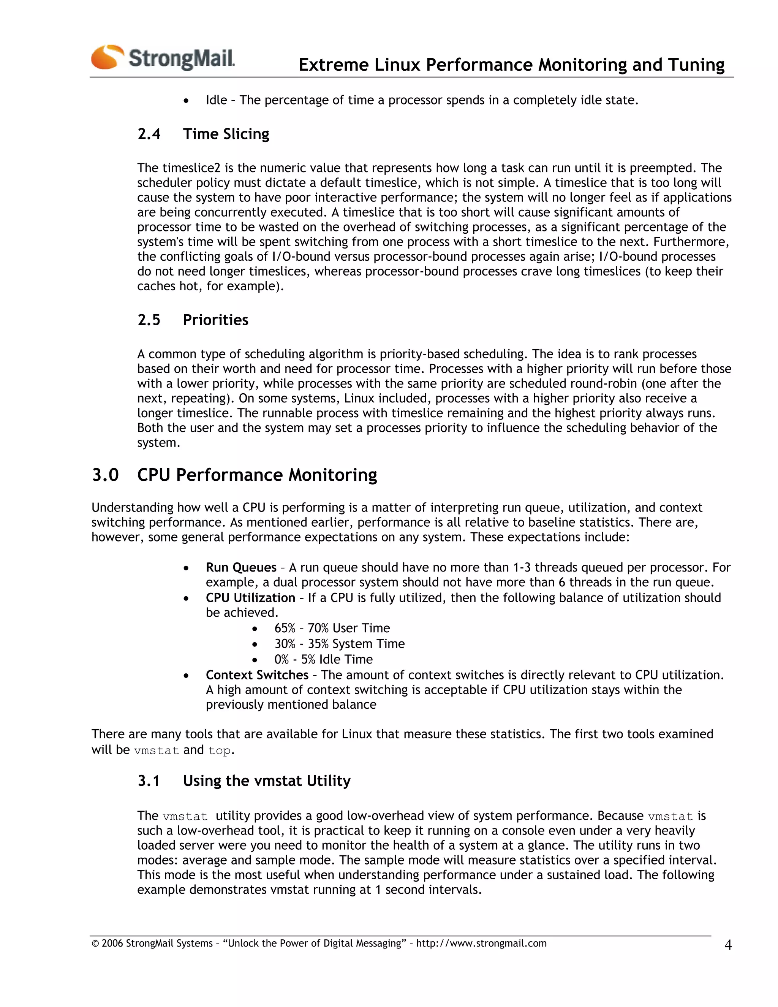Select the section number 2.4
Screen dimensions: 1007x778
tap(149, 134)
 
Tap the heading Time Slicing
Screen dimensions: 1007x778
tap(226, 134)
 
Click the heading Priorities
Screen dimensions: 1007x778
tap(215, 320)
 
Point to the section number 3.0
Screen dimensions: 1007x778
tap(106, 475)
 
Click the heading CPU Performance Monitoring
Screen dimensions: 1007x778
tap(257, 475)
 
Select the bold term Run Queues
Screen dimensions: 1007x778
tap(240, 568)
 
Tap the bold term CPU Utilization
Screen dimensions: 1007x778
tap(250, 598)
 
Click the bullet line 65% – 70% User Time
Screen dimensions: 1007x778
tap(332, 629)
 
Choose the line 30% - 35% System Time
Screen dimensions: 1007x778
tap(339, 644)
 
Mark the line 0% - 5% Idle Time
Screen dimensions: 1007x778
tap(323, 660)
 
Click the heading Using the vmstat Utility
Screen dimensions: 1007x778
tap(266, 781)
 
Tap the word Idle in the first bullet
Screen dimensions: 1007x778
tap(216, 100)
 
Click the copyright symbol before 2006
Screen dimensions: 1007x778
tap(95, 944)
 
